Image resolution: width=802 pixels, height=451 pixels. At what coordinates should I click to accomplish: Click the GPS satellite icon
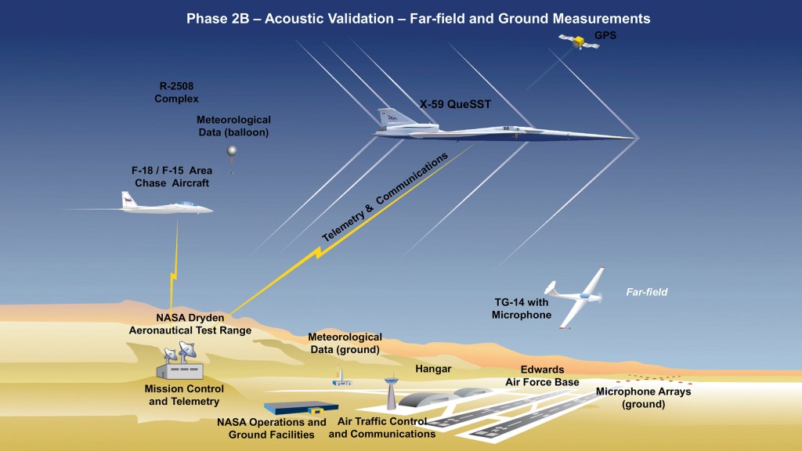click(579, 41)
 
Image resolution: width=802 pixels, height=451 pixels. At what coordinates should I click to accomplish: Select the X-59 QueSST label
click(455, 103)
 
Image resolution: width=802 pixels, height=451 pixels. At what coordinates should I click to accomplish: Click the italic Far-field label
click(646, 293)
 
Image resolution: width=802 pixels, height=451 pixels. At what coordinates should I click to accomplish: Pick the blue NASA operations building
click(302, 408)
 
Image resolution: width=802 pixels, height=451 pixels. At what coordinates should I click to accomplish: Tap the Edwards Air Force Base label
click(542, 376)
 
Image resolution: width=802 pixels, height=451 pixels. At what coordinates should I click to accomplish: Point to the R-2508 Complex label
click(176, 93)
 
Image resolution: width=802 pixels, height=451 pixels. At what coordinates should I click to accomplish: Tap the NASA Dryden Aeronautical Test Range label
click(190, 324)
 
